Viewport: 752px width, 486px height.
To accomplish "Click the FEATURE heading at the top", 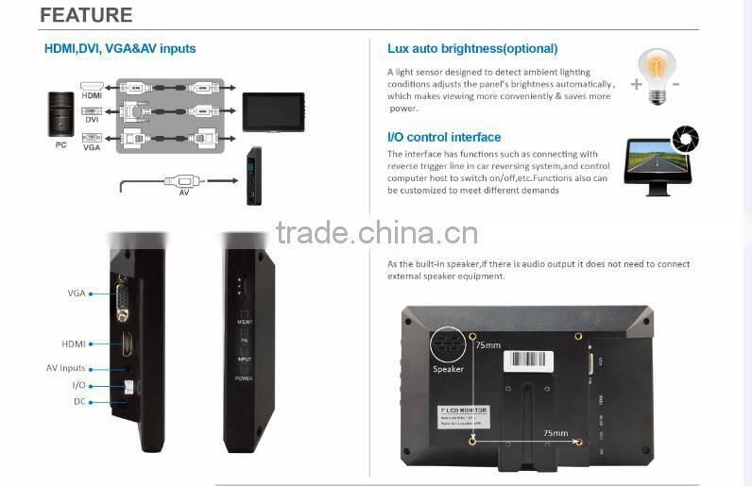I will click(x=86, y=16).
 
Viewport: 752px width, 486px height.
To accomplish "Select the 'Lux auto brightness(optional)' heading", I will click(x=472, y=48).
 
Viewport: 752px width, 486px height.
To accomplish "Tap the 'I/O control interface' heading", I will click(x=444, y=137).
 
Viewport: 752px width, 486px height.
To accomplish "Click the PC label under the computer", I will click(x=60, y=146).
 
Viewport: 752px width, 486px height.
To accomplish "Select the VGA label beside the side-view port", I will click(x=77, y=293).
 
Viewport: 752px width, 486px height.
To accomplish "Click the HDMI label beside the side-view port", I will click(x=74, y=344).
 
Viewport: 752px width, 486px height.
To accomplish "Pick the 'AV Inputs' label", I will click(x=66, y=368).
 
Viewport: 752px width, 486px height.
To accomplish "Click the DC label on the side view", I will click(x=79, y=401).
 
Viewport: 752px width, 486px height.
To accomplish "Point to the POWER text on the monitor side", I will click(x=244, y=377).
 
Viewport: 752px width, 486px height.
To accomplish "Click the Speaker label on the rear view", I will click(x=448, y=369).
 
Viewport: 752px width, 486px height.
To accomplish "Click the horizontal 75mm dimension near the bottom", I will click(x=555, y=433).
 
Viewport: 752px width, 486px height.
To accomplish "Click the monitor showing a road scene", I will click(x=658, y=164).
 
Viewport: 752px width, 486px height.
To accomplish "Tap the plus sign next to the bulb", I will click(x=636, y=84).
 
